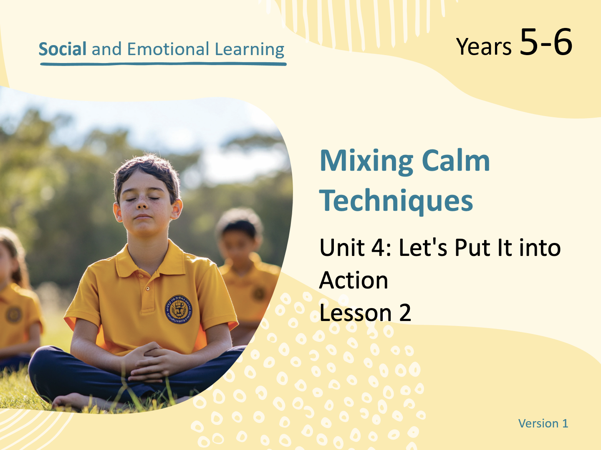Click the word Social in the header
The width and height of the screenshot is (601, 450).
63,49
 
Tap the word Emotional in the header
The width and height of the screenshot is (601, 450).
168,49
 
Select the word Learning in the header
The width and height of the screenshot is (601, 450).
250,50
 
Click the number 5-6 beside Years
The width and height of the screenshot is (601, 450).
546,42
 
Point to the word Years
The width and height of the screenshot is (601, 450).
484,46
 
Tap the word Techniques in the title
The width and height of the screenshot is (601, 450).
396,202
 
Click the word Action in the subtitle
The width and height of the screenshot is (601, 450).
354,280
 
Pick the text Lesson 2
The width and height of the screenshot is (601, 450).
365,313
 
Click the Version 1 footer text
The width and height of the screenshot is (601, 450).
543,423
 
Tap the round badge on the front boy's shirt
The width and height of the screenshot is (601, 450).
178,309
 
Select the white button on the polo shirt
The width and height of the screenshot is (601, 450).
148,288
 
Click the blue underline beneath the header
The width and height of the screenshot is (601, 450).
163,64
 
